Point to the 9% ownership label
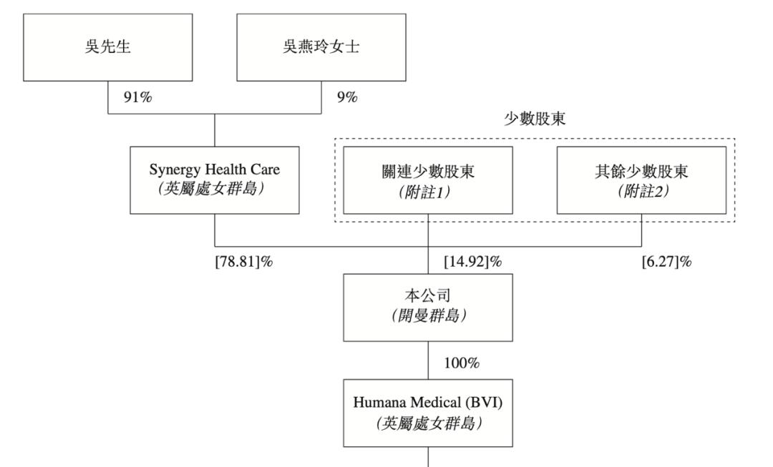pyautogui.click(x=347, y=98)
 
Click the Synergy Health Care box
pyautogui.click(x=215, y=180)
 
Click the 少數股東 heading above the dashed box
pyautogui.click(x=535, y=120)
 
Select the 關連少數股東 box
pyautogui.click(x=428, y=180)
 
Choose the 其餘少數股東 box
pyautogui.click(x=641, y=180)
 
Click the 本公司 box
pyautogui.click(x=428, y=308)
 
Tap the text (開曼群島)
pyautogui.click(x=428, y=317)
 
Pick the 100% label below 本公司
pyautogui.click(x=462, y=363)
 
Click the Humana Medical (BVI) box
pyautogui.click(x=428, y=413)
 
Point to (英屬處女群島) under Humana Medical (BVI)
pyautogui.click(x=428, y=423)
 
